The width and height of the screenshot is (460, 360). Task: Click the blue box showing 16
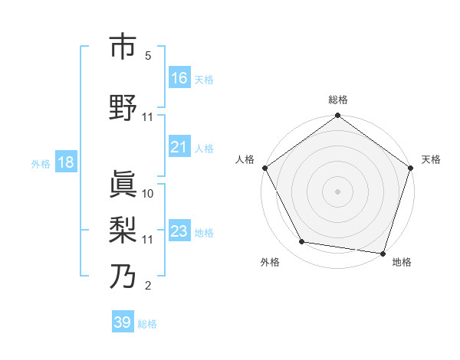pyautogui.click(x=179, y=78)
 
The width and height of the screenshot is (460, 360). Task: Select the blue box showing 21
pyautogui.click(x=179, y=147)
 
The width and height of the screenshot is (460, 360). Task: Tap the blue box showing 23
pyautogui.click(x=179, y=231)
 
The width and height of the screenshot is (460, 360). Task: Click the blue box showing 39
pyautogui.click(x=123, y=323)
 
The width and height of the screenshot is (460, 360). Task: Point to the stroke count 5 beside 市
pyautogui.click(x=148, y=56)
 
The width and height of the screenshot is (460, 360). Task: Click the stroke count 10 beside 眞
pyautogui.click(x=148, y=194)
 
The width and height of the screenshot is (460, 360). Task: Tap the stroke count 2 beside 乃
pyautogui.click(x=148, y=286)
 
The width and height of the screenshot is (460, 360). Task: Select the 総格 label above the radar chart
pyautogui.click(x=338, y=100)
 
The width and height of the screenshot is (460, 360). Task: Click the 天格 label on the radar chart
pyautogui.click(x=431, y=159)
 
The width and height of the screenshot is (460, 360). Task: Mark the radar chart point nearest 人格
pyautogui.click(x=264, y=168)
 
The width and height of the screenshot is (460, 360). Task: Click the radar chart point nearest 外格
pyautogui.click(x=302, y=242)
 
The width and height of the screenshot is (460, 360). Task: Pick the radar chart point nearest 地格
pyautogui.click(x=383, y=253)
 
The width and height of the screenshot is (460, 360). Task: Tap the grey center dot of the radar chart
pyautogui.click(x=337, y=191)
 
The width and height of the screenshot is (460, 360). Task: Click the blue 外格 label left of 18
pyautogui.click(x=41, y=163)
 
